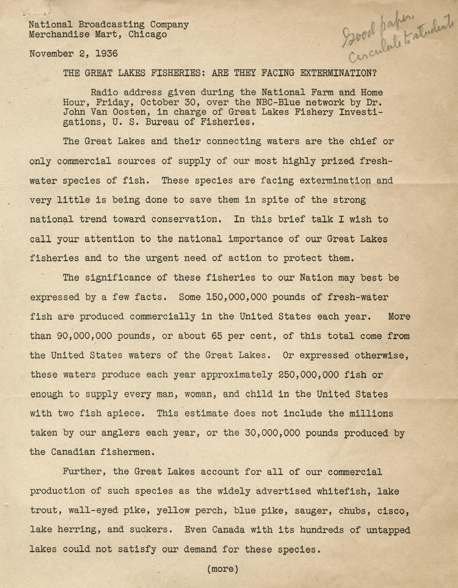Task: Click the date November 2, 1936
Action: (73, 54)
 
